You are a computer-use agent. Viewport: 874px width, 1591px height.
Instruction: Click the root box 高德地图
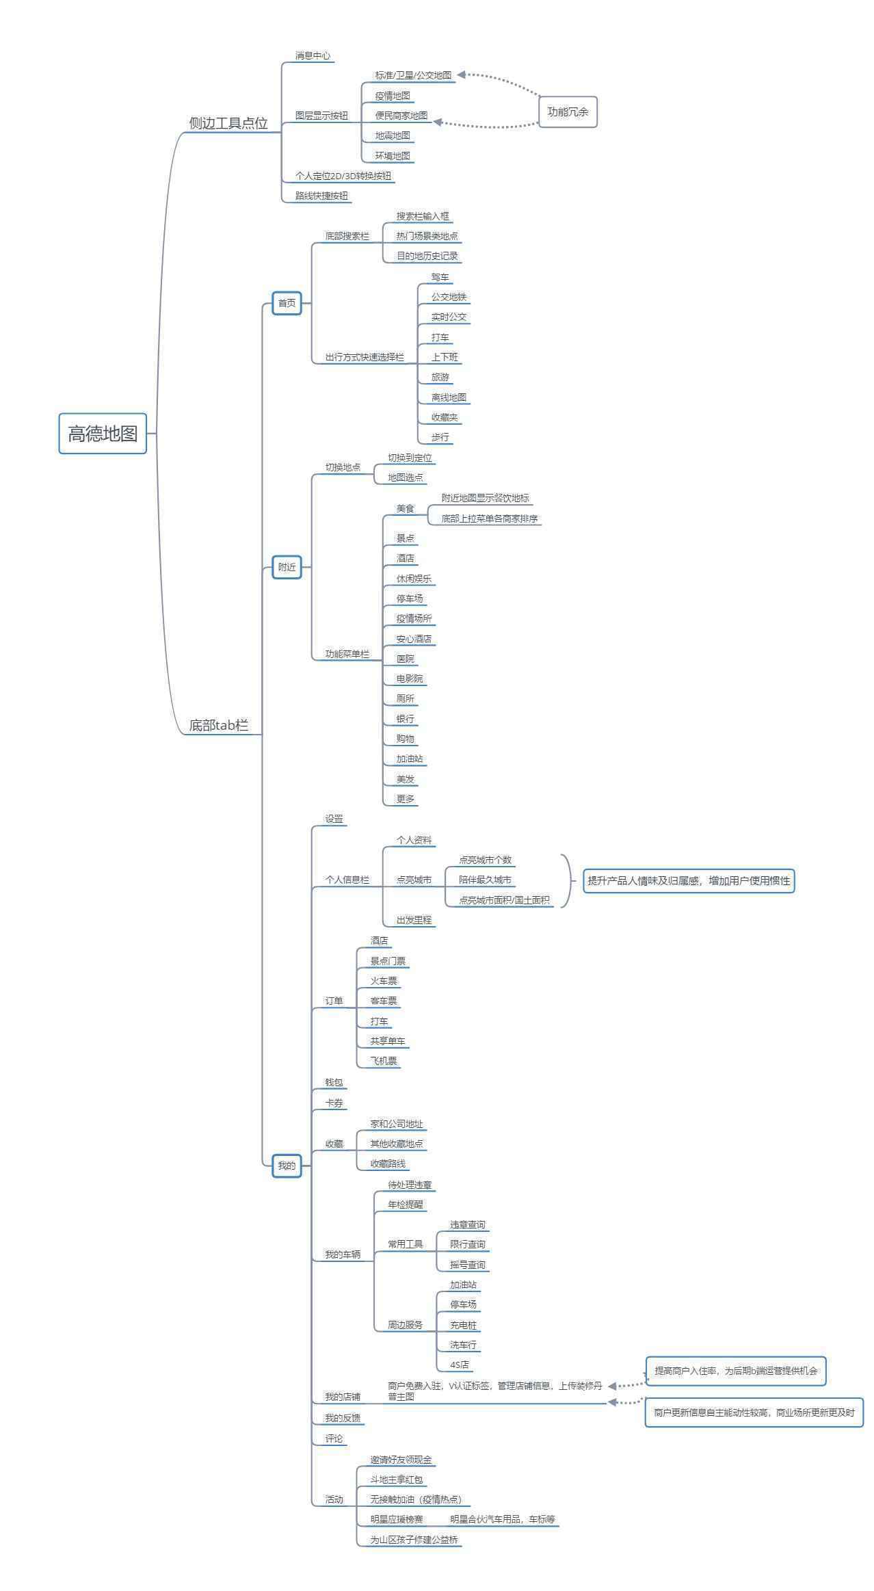point(103,433)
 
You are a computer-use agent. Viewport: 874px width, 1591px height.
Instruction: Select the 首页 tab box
point(287,303)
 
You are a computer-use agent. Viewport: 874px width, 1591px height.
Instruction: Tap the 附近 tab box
point(287,567)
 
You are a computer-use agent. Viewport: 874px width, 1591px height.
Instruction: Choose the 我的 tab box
point(287,1166)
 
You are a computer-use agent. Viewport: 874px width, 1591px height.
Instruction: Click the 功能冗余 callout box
point(568,111)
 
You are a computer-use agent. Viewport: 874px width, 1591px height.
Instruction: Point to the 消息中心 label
point(313,55)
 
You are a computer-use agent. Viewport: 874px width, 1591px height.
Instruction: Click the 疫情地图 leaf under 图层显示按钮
point(393,96)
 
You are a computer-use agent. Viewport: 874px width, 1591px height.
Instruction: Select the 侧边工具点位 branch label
point(228,123)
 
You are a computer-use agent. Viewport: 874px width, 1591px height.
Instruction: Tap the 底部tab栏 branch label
point(219,725)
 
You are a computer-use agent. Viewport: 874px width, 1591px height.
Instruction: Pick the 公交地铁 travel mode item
point(449,297)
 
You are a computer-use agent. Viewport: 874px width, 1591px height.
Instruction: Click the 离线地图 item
point(449,397)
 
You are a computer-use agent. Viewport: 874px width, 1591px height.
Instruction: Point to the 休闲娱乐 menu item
point(414,579)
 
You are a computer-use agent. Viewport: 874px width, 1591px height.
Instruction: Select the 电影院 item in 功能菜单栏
point(410,679)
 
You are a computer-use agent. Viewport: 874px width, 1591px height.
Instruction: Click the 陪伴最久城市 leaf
point(485,880)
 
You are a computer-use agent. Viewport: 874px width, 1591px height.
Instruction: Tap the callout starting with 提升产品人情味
point(689,881)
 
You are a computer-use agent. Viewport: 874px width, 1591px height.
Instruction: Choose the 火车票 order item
point(384,981)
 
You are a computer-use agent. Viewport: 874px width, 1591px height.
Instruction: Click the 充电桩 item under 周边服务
point(463,1325)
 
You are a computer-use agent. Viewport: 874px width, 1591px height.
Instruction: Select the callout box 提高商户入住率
point(736,1371)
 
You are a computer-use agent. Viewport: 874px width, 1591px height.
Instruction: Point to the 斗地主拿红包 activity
point(397,1480)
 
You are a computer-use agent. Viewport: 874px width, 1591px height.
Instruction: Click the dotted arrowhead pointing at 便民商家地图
point(438,122)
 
